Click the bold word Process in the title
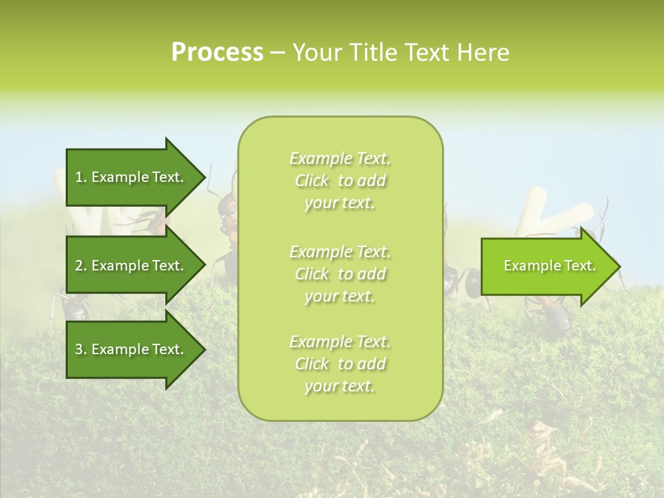217,52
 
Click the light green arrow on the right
546,266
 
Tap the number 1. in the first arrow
81,177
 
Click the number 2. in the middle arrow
81,266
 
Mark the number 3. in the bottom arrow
81,349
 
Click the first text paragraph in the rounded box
340,181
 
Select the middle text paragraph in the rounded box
340,274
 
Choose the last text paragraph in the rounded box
340,364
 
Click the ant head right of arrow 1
227,205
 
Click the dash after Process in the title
278,53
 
